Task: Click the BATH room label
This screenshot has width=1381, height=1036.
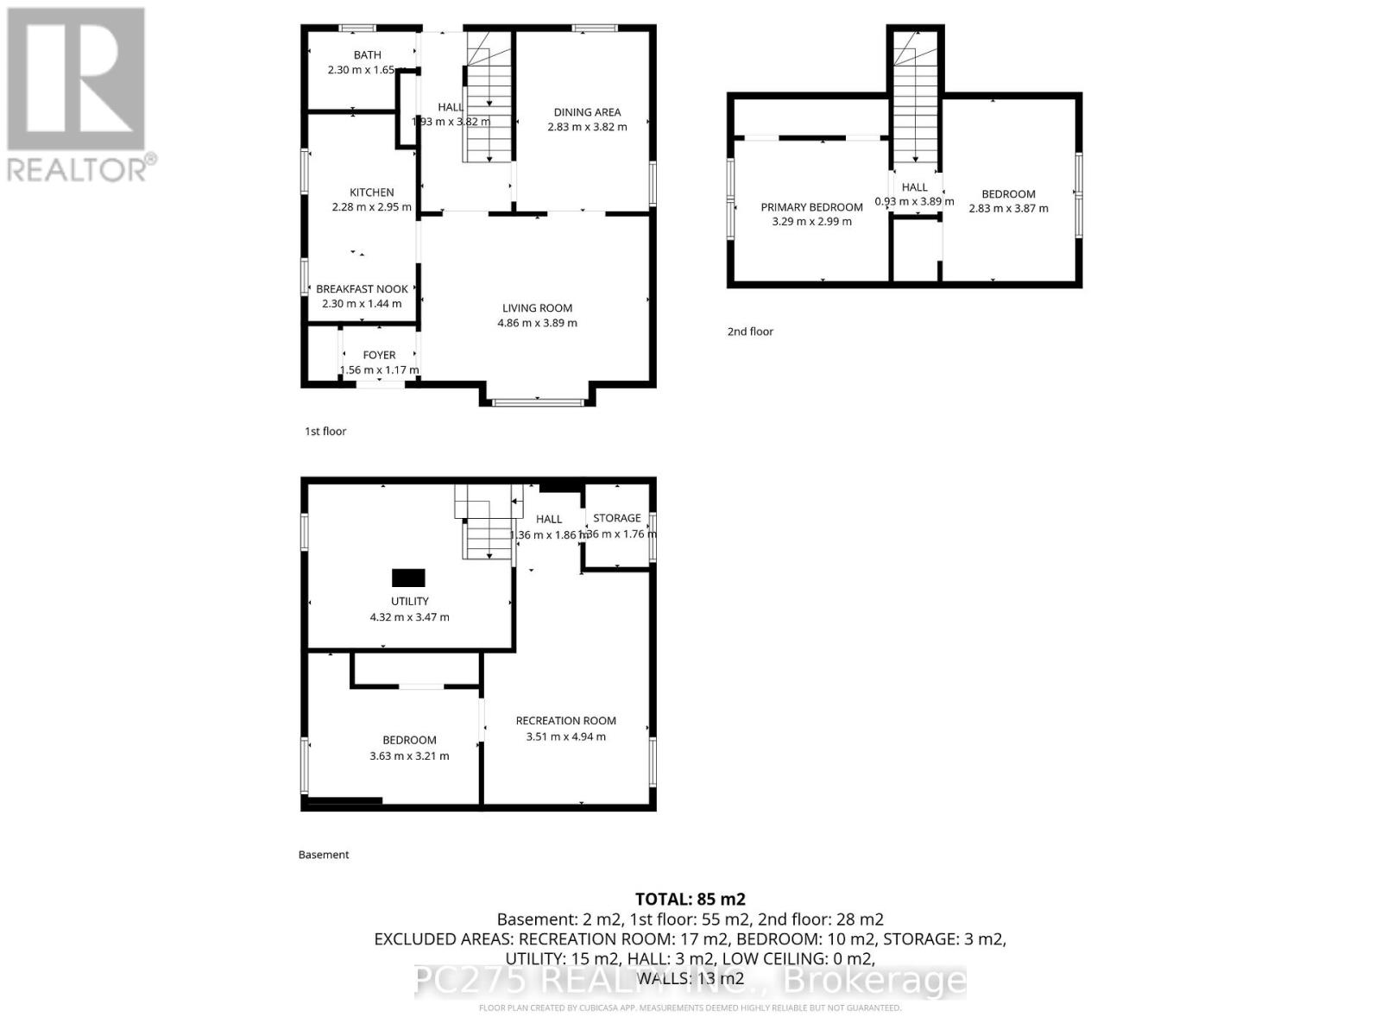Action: [367, 55]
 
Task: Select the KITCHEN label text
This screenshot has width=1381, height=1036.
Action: [371, 193]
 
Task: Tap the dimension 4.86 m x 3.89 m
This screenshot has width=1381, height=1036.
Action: [537, 323]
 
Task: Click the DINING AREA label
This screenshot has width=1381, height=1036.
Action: [587, 112]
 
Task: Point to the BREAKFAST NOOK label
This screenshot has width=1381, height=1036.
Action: [362, 289]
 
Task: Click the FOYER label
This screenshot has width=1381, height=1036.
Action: [379, 355]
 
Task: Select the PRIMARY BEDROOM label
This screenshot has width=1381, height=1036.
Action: [811, 207]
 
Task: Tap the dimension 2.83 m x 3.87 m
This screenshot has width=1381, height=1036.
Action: [1008, 208]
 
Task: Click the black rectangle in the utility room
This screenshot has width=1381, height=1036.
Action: [408, 578]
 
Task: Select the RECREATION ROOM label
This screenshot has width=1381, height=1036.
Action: [565, 721]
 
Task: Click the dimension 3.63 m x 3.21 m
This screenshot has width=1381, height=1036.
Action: [409, 755]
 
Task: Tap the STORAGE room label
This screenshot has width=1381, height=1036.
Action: [616, 518]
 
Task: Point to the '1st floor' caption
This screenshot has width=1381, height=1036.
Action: [325, 431]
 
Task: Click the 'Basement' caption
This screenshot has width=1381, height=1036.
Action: [324, 855]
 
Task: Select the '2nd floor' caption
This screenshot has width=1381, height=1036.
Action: [750, 332]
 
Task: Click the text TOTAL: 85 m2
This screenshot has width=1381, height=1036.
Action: [690, 900]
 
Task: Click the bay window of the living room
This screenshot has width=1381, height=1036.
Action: [538, 401]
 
